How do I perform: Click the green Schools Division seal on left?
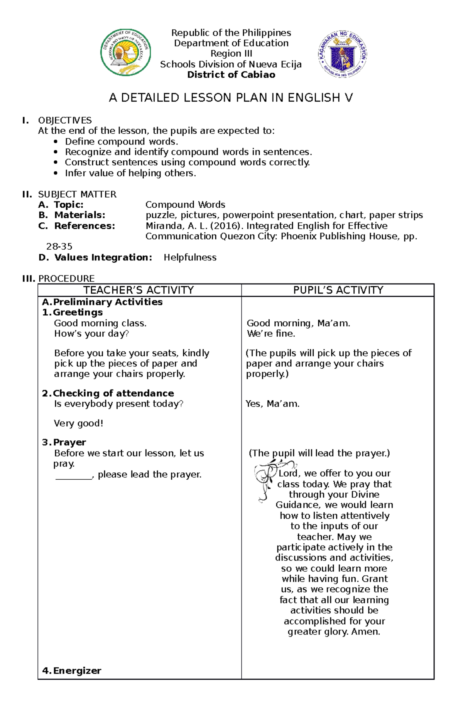[125, 53]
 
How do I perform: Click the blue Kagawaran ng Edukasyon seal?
[342, 54]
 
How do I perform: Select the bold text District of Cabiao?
[231, 75]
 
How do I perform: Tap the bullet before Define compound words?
[56, 142]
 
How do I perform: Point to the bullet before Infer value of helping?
[56, 173]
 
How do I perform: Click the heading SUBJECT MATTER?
[77, 194]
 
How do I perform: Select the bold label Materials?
[79, 215]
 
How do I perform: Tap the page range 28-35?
[59, 247]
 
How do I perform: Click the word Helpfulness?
[190, 257]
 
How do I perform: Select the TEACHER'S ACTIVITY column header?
[139, 290]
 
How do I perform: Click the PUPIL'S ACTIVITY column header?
[338, 290]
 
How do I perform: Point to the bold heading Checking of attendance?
[113, 393]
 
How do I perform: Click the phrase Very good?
[78, 423]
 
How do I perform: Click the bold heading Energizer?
[77, 671]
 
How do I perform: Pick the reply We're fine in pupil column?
[271, 334]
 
